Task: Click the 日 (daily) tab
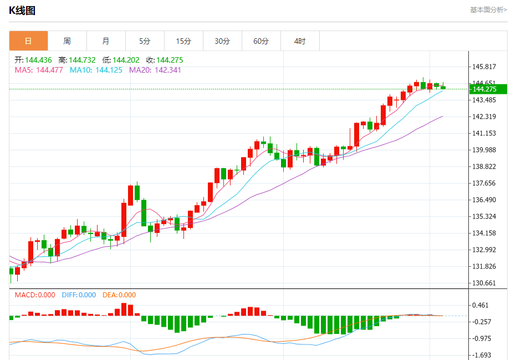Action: pyautogui.click(x=28, y=41)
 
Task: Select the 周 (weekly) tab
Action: pyautogui.click(x=67, y=41)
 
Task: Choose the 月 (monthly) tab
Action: pyautogui.click(x=106, y=41)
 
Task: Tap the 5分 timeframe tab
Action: pyautogui.click(x=145, y=41)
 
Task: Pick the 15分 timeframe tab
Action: pyautogui.click(x=183, y=41)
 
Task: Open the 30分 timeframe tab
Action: pyautogui.click(x=222, y=41)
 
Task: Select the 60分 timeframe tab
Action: pyautogui.click(x=261, y=41)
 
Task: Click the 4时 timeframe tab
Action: pyautogui.click(x=300, y=41)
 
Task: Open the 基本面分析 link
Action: pyautogui.click(x=488, y=9)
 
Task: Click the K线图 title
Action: pyautogui.click(x=22, y=10)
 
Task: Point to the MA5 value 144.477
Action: pyautogui.click(x=50, y=70)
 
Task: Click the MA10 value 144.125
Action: pyautogui.click(x=109, y=70)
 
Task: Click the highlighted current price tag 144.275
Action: pyautogui.click(x=483, y=89)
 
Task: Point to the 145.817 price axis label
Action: pyautogui.click(x=484, y=67)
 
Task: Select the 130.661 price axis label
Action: pyautogui.click(x=484, y=283)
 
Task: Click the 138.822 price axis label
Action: pyautogui.click(x=484, y=166)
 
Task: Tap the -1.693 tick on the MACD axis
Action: pyautogui.click(x=482, y=355)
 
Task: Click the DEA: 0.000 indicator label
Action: pyautogui.click(x=119, y=295)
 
